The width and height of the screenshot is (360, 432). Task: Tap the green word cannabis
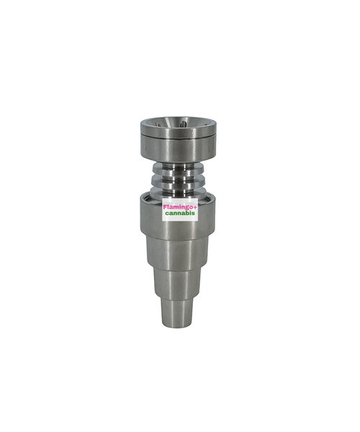(x=180, y=213)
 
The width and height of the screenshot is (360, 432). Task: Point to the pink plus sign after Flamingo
(x=195, y=207)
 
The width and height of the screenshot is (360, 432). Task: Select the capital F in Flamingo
(x=165, y=207)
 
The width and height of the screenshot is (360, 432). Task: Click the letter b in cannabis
(x=189, y=212)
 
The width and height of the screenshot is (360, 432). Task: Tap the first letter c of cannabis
(x=167, y=214)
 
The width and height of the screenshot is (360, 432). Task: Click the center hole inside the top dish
(x=182, y=125)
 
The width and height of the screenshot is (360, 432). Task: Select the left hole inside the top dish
(x=158, y=125)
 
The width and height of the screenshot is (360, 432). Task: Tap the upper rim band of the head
(x=179, y=129)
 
